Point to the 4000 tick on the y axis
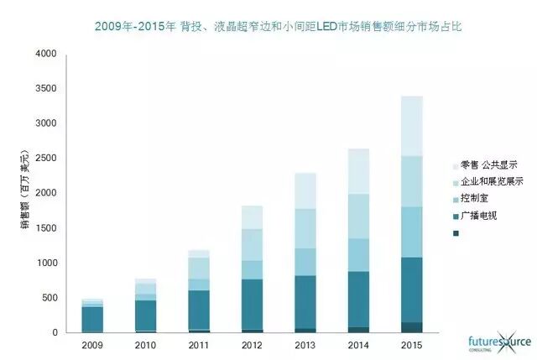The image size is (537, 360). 46,55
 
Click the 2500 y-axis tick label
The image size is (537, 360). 46,159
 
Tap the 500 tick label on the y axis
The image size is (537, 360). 50,298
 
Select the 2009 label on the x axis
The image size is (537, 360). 91,345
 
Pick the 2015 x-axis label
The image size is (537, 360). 411,345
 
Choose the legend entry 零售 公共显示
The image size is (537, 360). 490,164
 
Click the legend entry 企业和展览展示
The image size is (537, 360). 495,181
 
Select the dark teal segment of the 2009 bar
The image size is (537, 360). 92,320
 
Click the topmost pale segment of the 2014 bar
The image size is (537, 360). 358,171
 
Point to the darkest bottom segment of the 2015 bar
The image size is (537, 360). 411,327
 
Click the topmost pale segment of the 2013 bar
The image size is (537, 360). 305,190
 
